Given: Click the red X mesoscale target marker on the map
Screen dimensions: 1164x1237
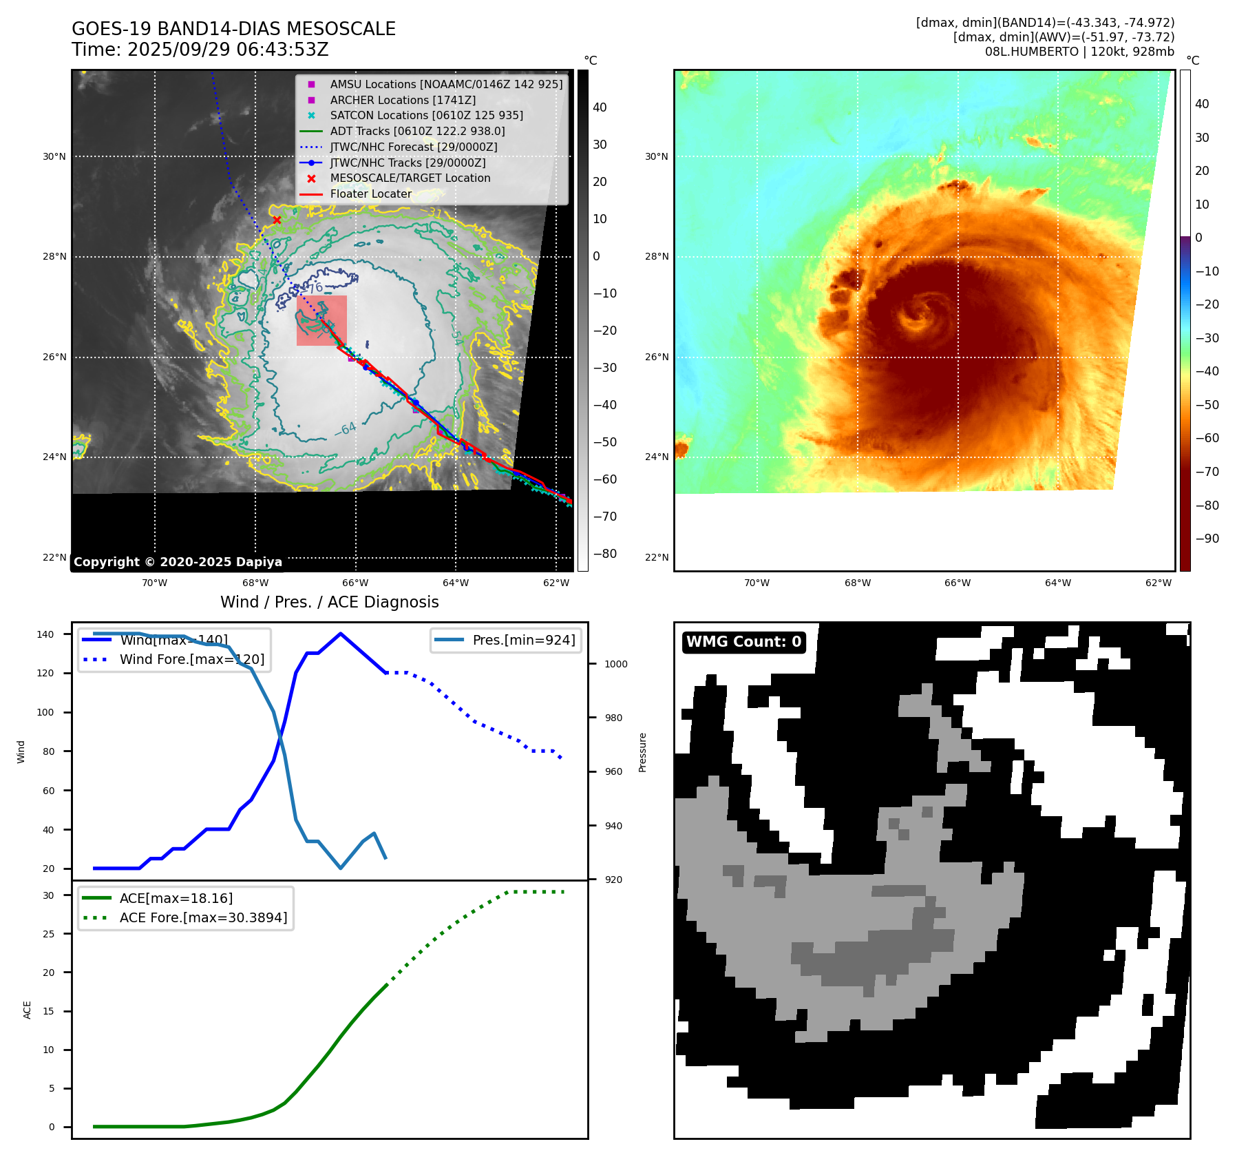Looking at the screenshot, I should tap(277, 220).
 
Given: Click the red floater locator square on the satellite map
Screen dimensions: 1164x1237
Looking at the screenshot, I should tap(321, 320).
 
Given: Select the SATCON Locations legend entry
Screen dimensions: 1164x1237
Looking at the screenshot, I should tap(426, 116).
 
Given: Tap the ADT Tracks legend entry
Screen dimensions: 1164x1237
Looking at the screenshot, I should tap(417, 131).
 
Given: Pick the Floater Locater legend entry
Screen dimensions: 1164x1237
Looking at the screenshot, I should tap(370, 194).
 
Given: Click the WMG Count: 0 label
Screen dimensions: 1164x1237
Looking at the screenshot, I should tap(743, 642).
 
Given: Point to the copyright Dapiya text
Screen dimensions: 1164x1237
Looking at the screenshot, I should tap(178, 562).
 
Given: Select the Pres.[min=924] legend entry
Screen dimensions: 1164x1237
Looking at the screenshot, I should tap(523, 640).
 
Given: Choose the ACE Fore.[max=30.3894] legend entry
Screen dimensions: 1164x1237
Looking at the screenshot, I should tap(203, 917).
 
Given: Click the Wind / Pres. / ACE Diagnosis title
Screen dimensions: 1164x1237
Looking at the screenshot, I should tap(329, 602).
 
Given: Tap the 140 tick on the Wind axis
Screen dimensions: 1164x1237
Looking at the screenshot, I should tap(45, 634).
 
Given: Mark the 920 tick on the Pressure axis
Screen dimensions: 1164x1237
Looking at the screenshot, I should tap(613, 880).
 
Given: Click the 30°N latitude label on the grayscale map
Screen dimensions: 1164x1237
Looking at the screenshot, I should tap(54, 156).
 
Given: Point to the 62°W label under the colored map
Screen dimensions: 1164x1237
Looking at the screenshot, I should tap(1158, 583).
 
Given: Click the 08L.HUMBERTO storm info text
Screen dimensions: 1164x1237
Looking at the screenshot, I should tap(1079, 52).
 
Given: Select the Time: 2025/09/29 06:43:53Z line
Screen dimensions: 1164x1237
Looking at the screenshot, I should tap(200, 50).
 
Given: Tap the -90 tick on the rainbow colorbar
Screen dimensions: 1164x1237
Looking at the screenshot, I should tap(1207, 539).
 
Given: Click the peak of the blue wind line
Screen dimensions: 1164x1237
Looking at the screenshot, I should tap(341, 634).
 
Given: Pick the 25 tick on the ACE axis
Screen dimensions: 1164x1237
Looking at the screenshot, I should tap(49, 934).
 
